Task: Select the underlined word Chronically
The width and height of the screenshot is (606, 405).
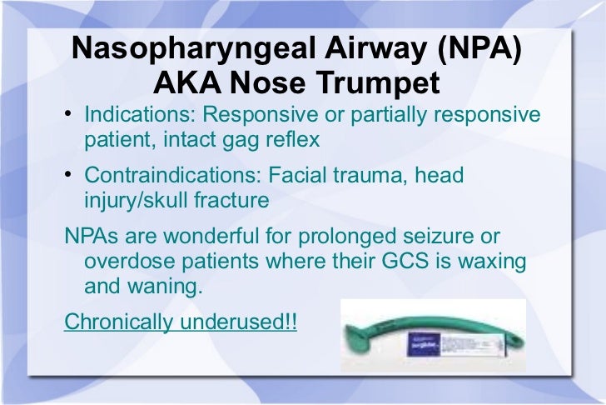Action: tap(115, 322)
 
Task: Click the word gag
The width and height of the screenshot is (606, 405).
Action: tap(230, 138)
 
